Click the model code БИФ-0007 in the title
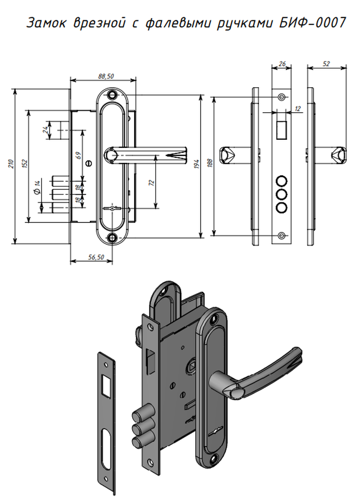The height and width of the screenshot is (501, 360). (x=312, y=23)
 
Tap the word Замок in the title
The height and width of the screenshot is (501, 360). (x=46, y=23)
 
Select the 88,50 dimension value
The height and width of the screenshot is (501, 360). (x=106, y=76)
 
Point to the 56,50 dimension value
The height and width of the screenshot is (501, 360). (x=96, y=257)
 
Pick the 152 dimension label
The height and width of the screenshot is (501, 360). (x=25, y=163)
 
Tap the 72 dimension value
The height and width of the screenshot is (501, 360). (x=151, y=183)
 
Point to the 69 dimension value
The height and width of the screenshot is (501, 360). (x=79, y=156)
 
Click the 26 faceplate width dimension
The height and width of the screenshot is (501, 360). (x=282, y=64)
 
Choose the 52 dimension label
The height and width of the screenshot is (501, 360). (x=326, y=64)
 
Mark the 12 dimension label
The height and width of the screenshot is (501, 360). (x=297, y=109)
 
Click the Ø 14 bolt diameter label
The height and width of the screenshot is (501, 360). (x=37, y=187)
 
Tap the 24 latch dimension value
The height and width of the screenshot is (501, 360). (x=46, y=130)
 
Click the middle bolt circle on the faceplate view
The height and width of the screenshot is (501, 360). (x=281, y=194)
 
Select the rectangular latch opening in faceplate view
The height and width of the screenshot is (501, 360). (x=281, y=130)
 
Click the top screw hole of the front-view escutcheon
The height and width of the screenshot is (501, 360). (x=112, y=95)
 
